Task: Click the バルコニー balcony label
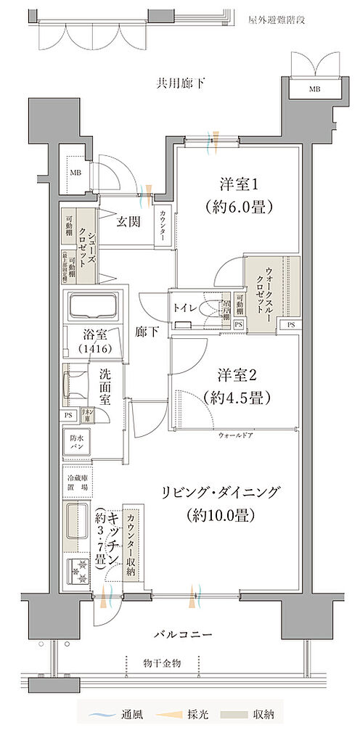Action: click(182, 634)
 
